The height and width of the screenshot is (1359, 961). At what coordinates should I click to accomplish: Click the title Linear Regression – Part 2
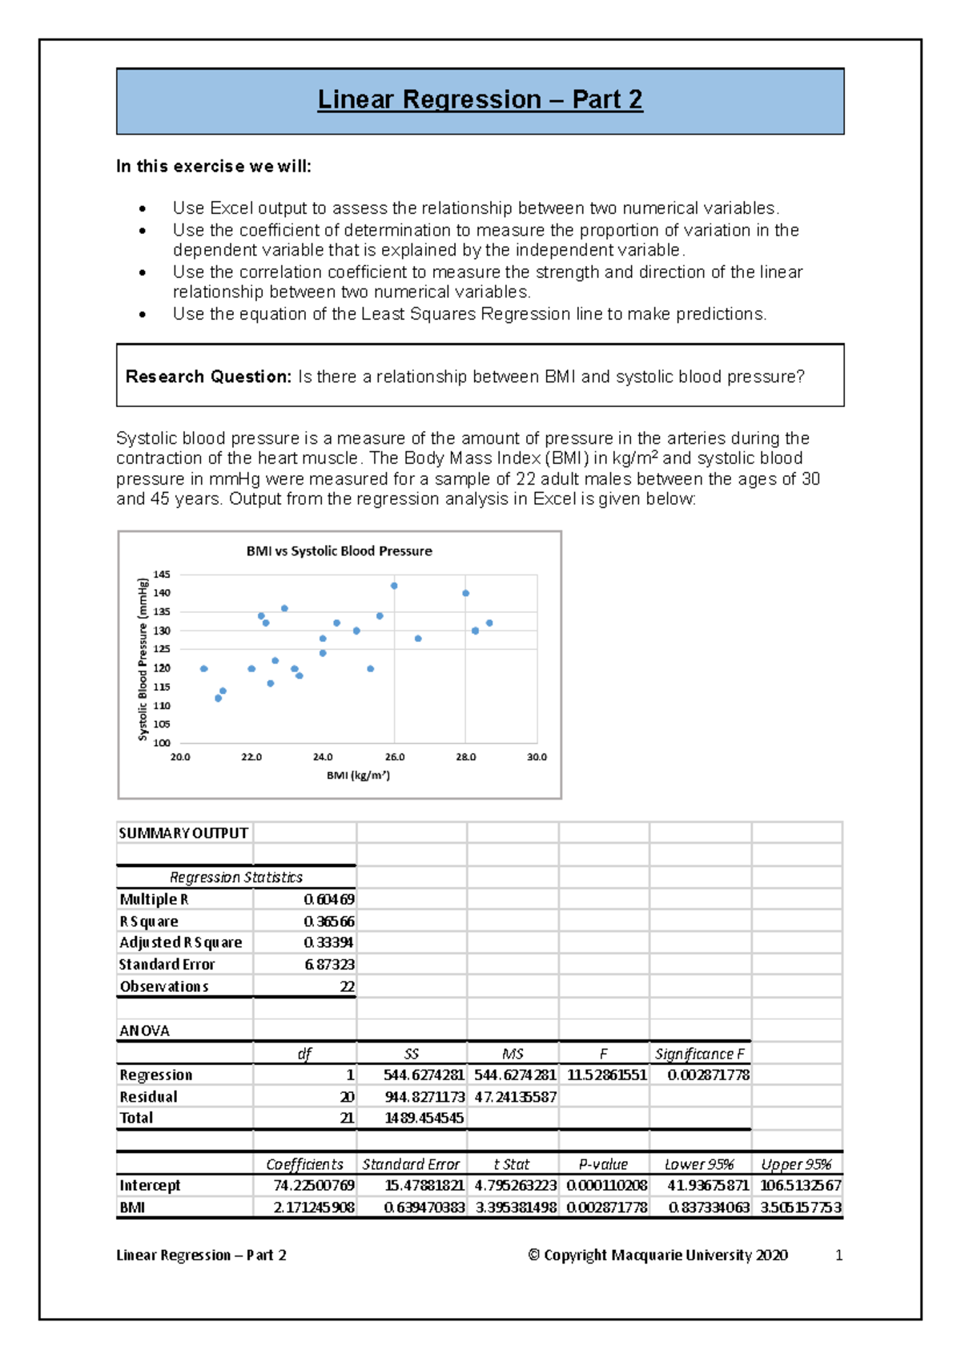pyautogui.click(x=480, y=99)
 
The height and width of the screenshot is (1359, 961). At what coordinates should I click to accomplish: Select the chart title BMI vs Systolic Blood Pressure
pyautogui.click(x=339, y=551)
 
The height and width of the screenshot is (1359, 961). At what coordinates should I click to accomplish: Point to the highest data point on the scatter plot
pyautogui.click(x=394, y=586)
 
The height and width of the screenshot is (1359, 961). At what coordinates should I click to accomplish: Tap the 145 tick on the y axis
pyautogui.click(x=162, y=575)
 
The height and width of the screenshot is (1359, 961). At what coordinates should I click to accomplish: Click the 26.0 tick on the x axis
pyautogui.click(x=395, y=757)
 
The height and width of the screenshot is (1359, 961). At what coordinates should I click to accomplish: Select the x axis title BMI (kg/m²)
pyautogui.click(x=358, y=776)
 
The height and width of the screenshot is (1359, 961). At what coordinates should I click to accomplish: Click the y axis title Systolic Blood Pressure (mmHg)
pyautogui.click(x=143, y=659)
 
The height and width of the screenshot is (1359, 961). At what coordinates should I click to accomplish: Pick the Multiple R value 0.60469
pyautogui.click(x=329, y=900)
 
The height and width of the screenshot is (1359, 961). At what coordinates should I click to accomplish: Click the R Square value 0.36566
pyautogui.click(x=329, y=921)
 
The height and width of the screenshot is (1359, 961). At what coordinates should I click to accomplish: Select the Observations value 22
pyautogui.click(x=347, y=986)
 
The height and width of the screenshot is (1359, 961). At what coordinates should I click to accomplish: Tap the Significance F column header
pyautogui.click(x=699, y=1054)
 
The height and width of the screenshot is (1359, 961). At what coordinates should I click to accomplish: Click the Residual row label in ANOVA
pyautogui.click(x=149, y=1097)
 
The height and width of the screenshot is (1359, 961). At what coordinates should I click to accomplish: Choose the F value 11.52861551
pyautogui.click(x=607, y=1075)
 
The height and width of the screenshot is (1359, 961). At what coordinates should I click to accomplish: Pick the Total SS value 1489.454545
pyautogui.click(x=424, y=1118)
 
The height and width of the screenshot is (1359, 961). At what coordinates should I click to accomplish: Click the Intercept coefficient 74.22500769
pyautogui.click(x=314, y=1185)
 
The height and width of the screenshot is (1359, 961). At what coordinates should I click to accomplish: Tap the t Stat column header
pyautogui.click(x=512, y=1164)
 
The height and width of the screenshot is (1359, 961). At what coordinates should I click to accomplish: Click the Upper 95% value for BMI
pyautogui.click(x=800, y=1208)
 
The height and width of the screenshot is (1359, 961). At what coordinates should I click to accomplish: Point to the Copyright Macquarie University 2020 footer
pyautogui.click(x=657, y=1256)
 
